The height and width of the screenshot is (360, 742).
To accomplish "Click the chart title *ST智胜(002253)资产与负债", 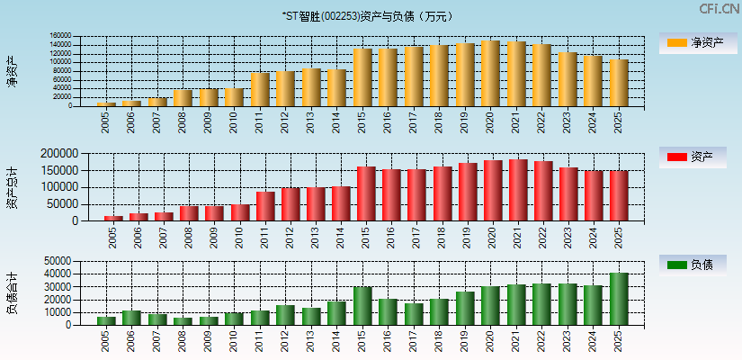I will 371,15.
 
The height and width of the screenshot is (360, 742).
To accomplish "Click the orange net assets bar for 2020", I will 490,74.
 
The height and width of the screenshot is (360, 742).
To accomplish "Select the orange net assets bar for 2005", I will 106,104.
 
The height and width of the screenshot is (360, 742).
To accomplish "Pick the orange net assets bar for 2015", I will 362,77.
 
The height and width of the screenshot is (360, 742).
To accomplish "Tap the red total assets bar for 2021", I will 517,191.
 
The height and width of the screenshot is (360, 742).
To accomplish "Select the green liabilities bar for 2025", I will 619,299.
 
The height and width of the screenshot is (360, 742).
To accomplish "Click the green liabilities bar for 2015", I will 362,306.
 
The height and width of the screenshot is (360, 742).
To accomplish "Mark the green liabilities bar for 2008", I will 183,321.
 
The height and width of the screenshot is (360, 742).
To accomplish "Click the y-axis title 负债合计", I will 13,292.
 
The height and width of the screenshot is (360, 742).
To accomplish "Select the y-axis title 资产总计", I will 13,186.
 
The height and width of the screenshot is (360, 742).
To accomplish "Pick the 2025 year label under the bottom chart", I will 619,341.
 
